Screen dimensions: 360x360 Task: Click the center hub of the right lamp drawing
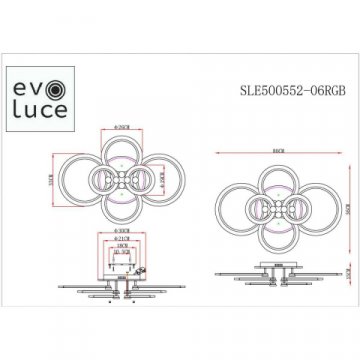click(x=272, y=191)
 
